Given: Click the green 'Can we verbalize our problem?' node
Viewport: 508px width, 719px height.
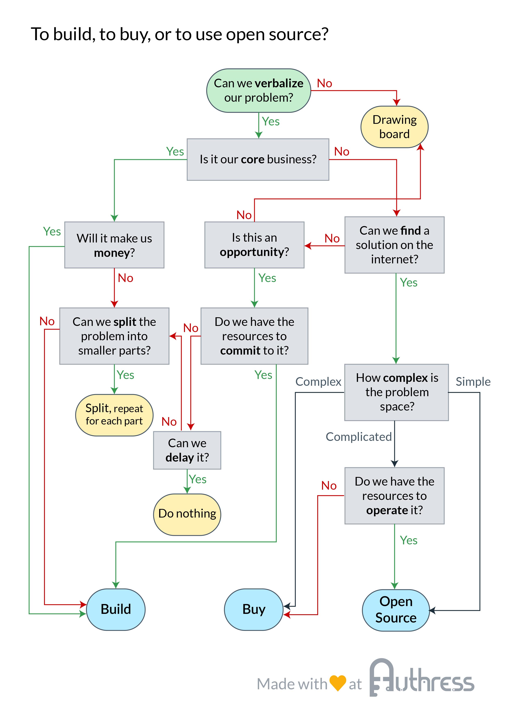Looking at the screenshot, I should pos(259,91).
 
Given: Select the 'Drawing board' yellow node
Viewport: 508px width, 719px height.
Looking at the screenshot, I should pos(394,127).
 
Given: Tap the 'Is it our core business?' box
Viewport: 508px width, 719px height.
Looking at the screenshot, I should pos(258,159).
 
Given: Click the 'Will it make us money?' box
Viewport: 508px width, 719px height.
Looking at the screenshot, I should pos(114,245).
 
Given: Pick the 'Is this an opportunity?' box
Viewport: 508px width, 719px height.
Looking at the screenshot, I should pos(254,245).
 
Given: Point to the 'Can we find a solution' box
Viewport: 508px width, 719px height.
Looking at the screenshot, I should pos(394,245).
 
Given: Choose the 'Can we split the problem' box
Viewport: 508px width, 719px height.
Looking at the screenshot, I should pos(114,336).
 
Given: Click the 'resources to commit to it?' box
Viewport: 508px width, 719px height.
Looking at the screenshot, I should pos(254,336).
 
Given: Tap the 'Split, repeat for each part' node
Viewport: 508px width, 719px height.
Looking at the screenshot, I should pos(114,415).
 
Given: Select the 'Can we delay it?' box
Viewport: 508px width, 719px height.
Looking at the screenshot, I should pos(187,450).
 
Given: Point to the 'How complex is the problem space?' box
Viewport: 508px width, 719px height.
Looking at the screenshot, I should pos(397,392).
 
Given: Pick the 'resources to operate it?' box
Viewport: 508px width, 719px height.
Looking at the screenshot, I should pos(394,496).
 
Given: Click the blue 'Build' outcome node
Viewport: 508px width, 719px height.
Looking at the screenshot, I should pos(116,609).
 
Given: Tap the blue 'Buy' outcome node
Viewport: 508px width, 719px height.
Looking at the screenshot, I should pos(254,609).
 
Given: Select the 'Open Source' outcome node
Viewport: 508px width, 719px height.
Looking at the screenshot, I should pos(396,610).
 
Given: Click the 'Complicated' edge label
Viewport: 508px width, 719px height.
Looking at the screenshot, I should pos(358,437).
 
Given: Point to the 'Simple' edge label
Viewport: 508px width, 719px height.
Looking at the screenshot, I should pos(473,382).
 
